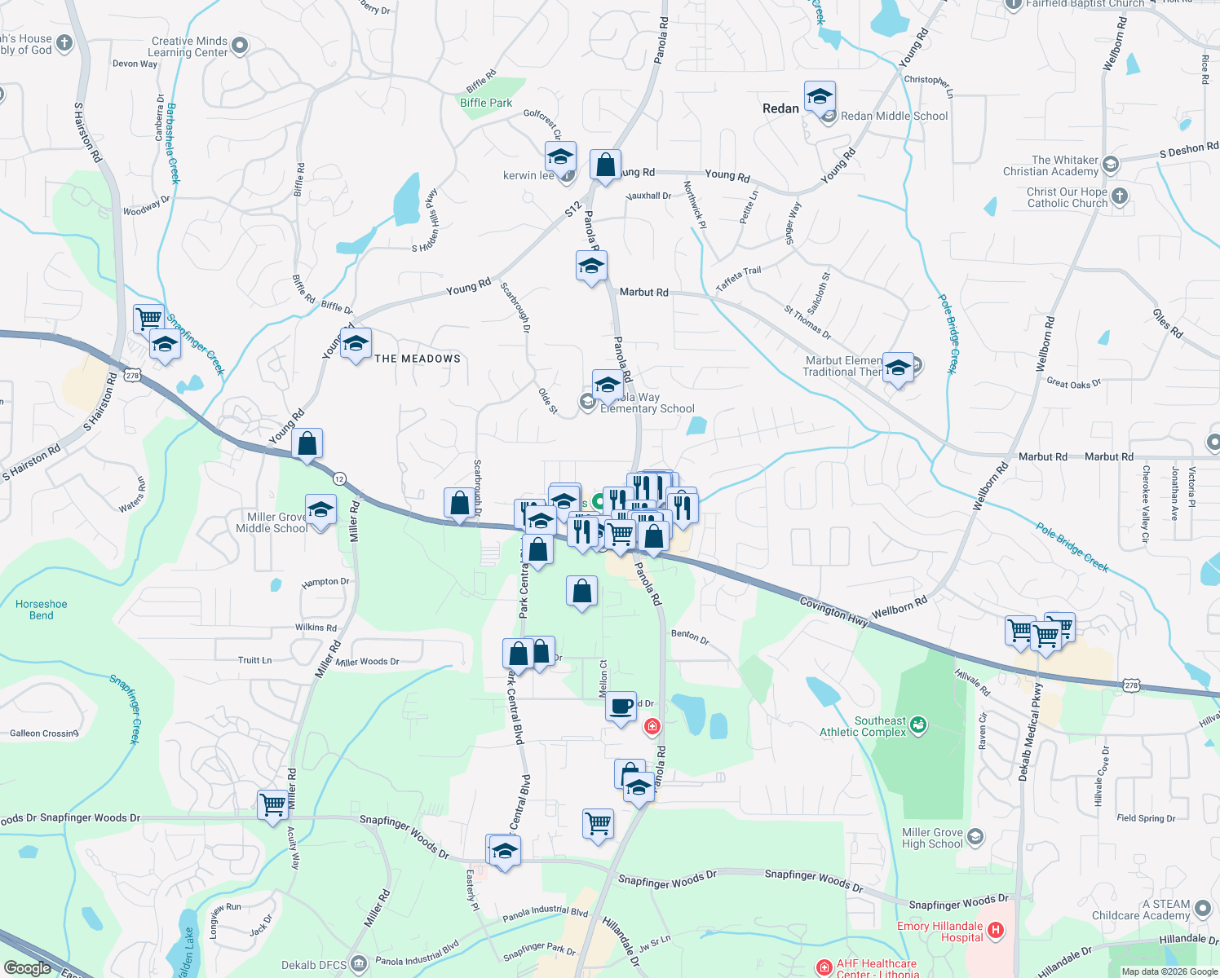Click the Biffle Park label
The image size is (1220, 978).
[486, 103]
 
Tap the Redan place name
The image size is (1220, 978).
[780, 108]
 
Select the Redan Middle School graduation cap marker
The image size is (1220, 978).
[820, 98]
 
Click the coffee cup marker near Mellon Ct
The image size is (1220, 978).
[621, 706]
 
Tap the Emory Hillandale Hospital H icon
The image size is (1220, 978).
[994, 930]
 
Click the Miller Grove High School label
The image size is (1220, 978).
[932, 838]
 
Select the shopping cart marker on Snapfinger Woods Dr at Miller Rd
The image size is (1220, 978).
[272, 805]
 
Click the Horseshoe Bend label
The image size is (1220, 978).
[41, 610]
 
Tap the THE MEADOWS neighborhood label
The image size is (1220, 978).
[418, 359]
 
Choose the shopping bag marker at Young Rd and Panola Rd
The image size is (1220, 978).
[605, 165]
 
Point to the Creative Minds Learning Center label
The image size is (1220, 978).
[189, 46]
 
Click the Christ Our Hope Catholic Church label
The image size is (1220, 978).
[1067, 197]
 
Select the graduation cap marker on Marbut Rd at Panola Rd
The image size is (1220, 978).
[591, 267]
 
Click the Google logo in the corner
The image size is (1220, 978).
[27, 968]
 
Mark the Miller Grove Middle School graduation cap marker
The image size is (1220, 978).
[320, 510]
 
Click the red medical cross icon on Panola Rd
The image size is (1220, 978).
[652, 725]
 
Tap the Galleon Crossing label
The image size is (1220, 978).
[44, 733]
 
